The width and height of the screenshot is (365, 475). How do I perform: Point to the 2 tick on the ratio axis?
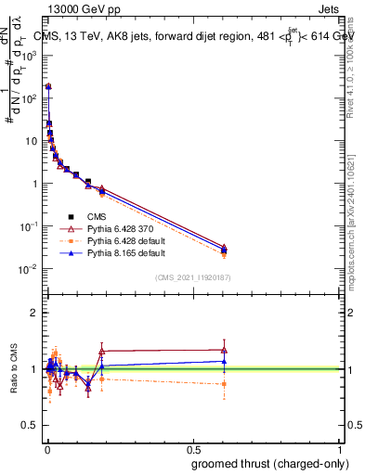tap(34, 313)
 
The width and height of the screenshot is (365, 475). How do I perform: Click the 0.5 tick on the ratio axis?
tap(32, 426)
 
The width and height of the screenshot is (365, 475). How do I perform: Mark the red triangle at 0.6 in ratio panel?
tap(224, 350)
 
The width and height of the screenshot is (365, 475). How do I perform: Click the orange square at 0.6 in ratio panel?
tap(224, 383)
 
